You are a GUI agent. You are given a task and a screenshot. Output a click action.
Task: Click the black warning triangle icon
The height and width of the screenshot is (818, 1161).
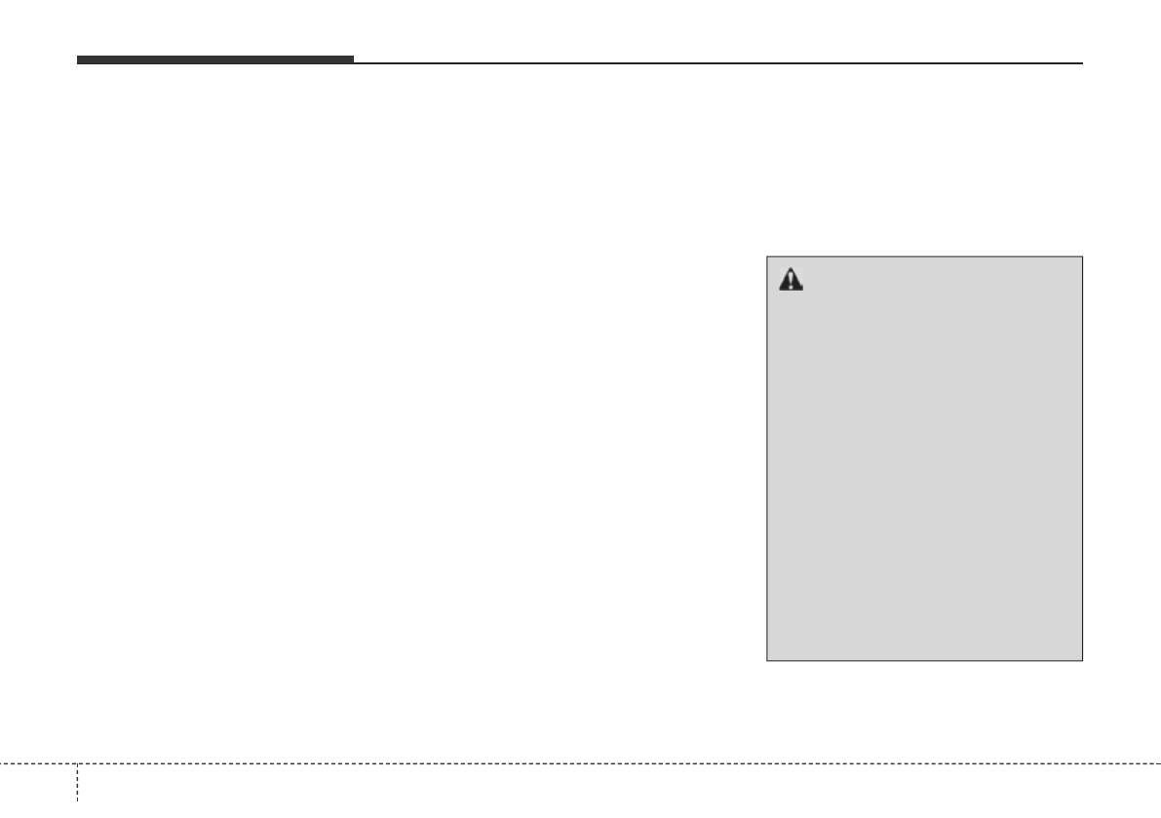791,280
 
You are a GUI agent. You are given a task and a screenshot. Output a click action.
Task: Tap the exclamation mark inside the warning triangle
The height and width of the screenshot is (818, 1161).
791,282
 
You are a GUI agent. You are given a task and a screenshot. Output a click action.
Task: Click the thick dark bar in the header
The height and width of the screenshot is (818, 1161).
214,60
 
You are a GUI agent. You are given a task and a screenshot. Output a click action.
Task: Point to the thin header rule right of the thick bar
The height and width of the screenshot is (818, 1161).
717,63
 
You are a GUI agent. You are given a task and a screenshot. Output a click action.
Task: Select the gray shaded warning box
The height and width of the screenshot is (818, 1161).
924,458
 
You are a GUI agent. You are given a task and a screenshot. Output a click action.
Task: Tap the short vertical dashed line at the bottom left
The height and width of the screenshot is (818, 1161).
77,790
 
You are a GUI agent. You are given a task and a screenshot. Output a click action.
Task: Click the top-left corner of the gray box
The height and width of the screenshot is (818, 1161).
767,256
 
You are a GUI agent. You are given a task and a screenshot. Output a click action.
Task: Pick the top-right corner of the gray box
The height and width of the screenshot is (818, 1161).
1082,256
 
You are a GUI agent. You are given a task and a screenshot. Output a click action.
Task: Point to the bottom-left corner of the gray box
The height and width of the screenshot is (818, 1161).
767,660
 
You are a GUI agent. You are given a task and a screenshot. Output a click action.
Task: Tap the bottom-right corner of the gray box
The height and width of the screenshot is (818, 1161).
1082,660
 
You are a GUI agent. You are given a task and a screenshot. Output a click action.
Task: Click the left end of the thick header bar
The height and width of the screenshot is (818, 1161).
78,60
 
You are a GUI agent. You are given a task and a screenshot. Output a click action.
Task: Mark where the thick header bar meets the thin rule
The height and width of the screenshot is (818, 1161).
353,62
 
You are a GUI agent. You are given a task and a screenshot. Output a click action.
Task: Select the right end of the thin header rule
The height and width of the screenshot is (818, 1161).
1082,63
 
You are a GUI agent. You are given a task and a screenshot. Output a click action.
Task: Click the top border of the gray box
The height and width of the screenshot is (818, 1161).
924,256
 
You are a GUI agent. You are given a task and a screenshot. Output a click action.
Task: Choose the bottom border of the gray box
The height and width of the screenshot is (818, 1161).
924,660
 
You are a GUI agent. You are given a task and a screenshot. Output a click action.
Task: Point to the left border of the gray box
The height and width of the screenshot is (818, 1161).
767,458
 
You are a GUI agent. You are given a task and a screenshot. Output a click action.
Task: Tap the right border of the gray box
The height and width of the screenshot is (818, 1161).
1082,458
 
